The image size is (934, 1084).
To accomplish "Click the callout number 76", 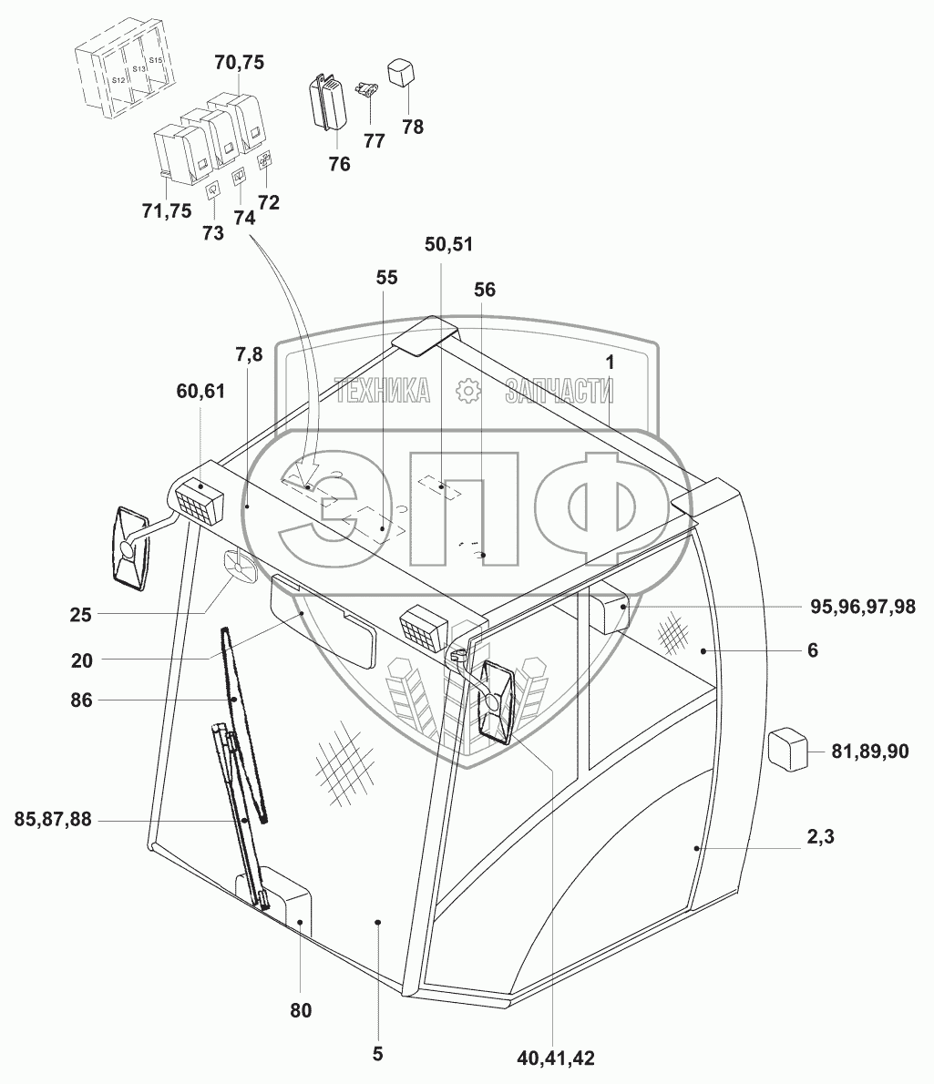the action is pyautogui.click(x=339, y=164).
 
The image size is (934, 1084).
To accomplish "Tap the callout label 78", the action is pyautogui.click(x=413, y=127).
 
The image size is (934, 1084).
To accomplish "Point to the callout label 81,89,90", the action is pyautogui.click(x=869, y=751).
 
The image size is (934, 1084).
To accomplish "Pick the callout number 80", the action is pyautogui.click(x=301, y=1010).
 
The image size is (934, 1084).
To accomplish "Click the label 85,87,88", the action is pyautogui.click(x=53, y=820).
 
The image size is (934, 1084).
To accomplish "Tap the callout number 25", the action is pyautogui.click(x=80, y=615).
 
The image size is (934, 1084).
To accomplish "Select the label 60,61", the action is pyautogui.click(x=200, y=391).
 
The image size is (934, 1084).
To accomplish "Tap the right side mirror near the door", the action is pyautogui.click(x=497, y=701).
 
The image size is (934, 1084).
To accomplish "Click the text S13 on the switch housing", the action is pyautogui.click(x=139, y=69).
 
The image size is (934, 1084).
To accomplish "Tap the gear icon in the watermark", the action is pyautogui.click(x=467, y=390).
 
